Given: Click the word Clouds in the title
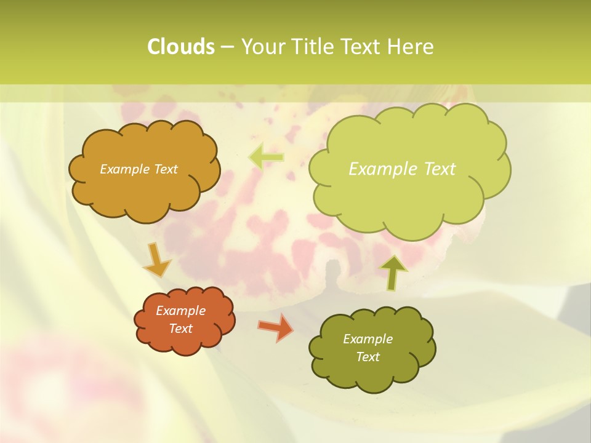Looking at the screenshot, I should tap(180, 47).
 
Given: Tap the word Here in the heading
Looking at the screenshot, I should tap(412, 47).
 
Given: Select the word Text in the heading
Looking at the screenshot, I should tap(363, 47).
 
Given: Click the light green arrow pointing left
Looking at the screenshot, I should tap(266, 157).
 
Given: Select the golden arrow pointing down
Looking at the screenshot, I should tap(157, 260).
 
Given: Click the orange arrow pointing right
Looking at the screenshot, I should tap(275, 327).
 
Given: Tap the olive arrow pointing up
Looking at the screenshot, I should tap(393, 273).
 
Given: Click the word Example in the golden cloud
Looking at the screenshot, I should tap(124, 169).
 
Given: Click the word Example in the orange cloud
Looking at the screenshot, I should tap(180, 311).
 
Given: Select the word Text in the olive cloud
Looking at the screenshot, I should tap(368, 357).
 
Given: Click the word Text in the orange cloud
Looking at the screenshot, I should tap(180, 329).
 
